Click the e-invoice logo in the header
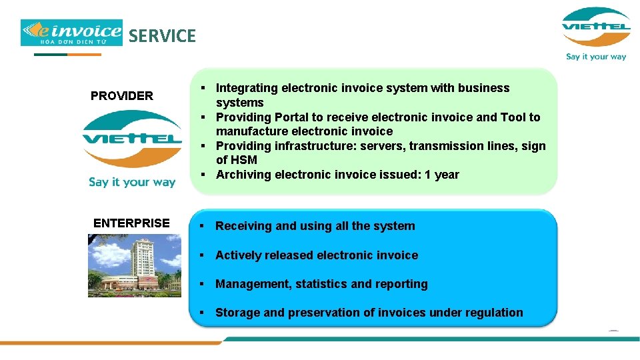72,33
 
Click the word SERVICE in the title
162,36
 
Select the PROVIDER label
122,96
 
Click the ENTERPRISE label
131,223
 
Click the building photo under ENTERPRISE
133,265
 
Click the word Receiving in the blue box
243,226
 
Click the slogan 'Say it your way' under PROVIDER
132,182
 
